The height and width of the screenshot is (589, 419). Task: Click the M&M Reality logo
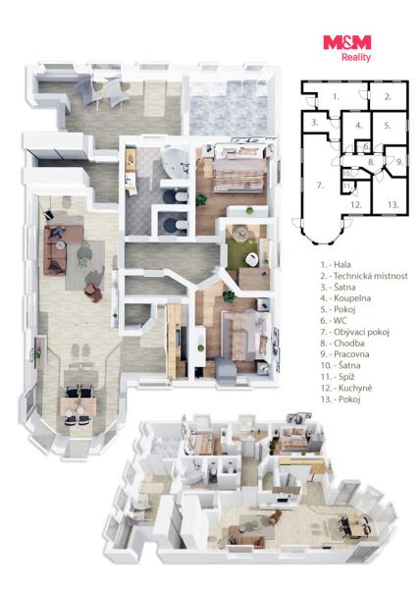pyautogui.click(x=347, y=48)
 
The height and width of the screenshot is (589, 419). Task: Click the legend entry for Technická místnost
pyautogui.click(x=364, y=276)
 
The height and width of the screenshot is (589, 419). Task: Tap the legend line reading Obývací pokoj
pyautogui.click(x=355, y=332)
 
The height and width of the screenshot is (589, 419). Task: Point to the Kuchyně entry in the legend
pyautogui.click(x=346, y=388)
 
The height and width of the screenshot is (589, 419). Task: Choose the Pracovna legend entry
pyautogui.click(x=345, y=354)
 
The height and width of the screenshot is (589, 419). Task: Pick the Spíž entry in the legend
pyautogui.click(x=338, y=377)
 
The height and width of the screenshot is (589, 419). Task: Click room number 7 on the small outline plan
pyautogui.click(x=320, y=186)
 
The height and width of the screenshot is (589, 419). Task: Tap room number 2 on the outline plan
pyautogui.click(x=388, y=96)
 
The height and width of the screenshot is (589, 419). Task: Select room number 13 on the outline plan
pyautogui.click(x=393, y=205)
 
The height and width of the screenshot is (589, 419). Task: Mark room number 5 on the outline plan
pyautogui.click(x=388, y=126)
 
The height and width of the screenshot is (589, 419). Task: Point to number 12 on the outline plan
pyautogui.click(x=356, y=205)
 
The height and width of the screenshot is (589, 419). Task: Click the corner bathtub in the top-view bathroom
pyautogui.click(x=176, y=163)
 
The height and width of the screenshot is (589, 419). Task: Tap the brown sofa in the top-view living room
pyautogui.click(x=55, y=249)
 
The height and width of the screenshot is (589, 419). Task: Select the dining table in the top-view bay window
pyautogui.click(x=79, y=406)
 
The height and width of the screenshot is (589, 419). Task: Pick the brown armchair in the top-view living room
pyautogui.click(x=93, y=292)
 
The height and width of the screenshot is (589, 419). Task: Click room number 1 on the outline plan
pyautogui.click(x=336, y=97)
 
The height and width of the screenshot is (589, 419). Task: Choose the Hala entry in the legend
pyautogui.click(x=336, y=265)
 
